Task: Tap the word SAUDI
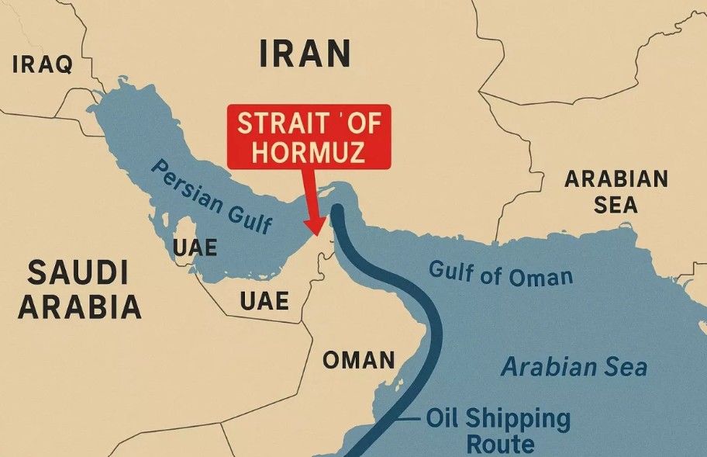78,273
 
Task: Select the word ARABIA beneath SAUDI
81,308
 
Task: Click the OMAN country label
358,360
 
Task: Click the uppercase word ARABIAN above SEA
616,179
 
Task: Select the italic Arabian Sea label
574,366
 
